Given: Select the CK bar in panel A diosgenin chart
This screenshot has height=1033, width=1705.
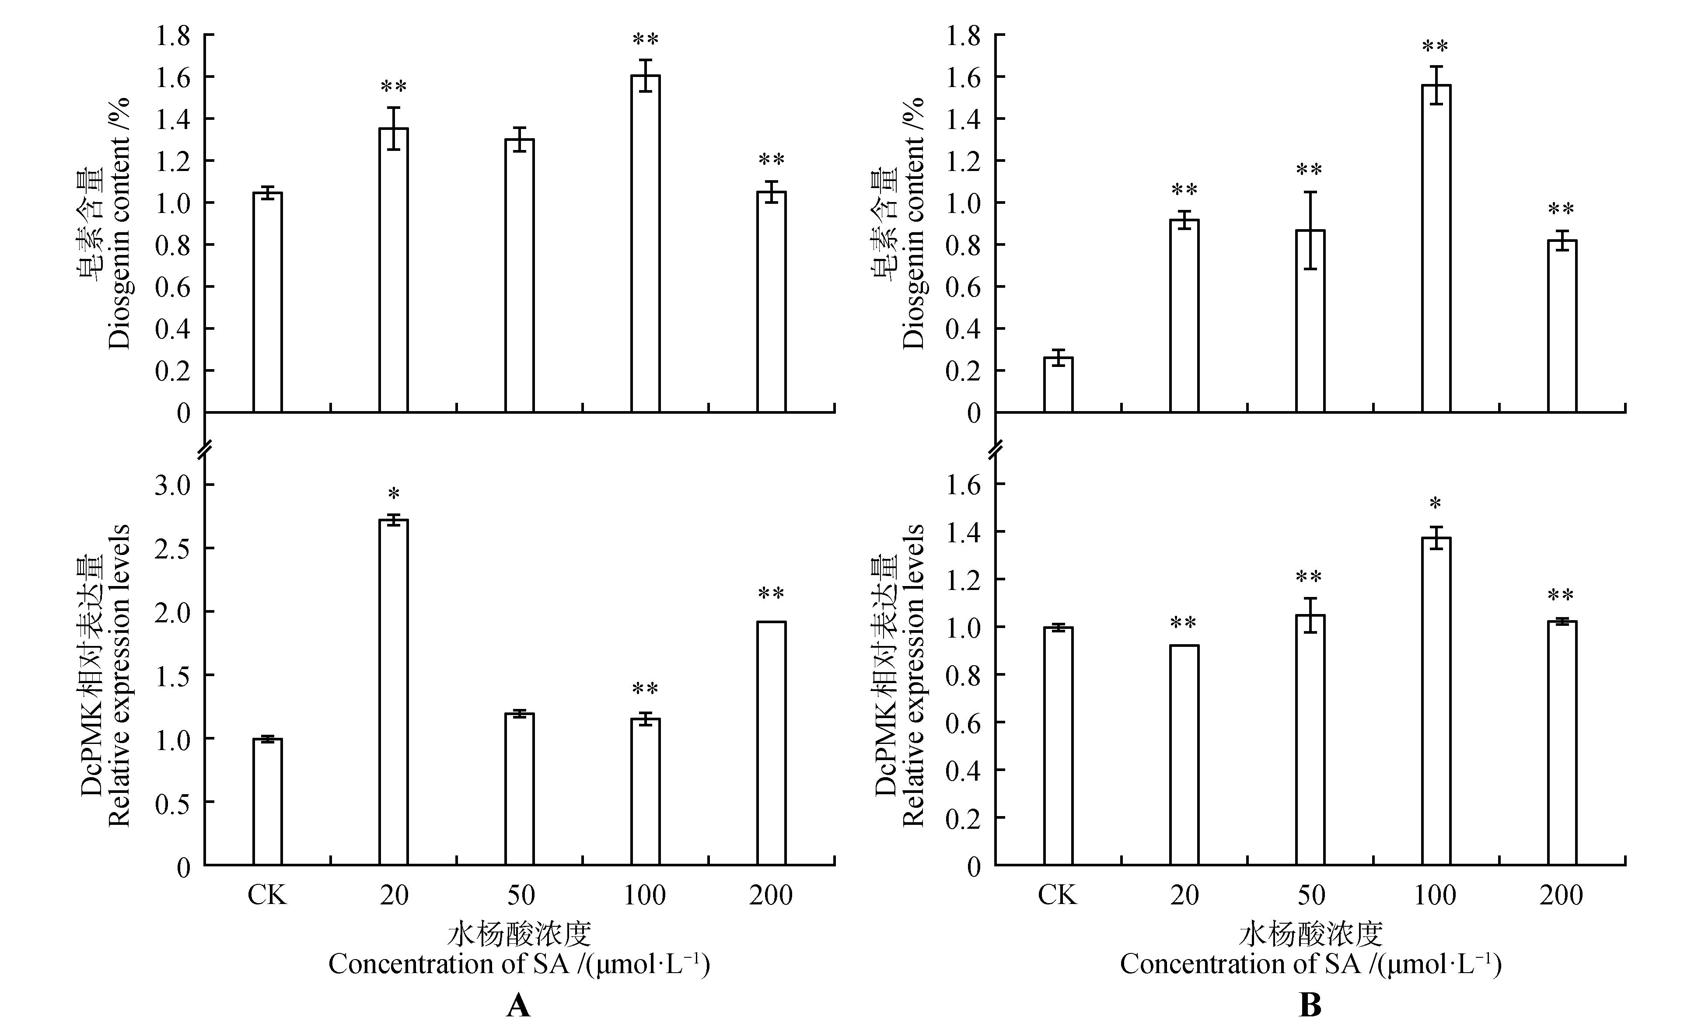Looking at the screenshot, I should coord(267,302).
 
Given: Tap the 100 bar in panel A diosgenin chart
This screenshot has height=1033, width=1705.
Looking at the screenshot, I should coord(645,244).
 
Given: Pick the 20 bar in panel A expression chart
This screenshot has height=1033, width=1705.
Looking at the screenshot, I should coord(393,692).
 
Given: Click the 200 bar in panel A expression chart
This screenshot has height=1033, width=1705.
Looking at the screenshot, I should coord(771,743).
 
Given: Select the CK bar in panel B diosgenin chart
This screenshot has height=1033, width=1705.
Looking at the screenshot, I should coord(1058,385).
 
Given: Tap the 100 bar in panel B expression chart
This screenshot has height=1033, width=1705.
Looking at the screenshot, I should coord(1436,701).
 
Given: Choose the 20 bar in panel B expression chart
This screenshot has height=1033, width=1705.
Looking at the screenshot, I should coord(1184,755).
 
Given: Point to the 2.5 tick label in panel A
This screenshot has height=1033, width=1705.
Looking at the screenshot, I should coord(173,548).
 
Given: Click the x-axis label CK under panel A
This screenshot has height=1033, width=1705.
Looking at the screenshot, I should coord(267,895).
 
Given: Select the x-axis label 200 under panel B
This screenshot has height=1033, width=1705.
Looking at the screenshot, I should coord(1561,895).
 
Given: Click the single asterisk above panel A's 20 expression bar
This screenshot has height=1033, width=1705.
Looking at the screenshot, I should coord(393,495).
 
